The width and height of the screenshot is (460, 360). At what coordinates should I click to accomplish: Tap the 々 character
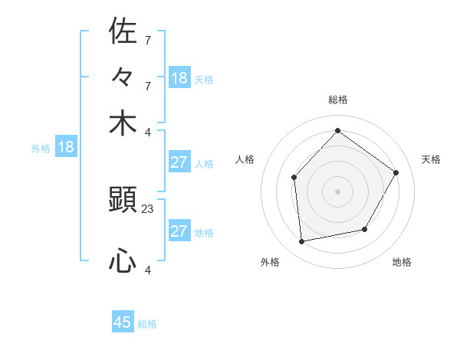click(x=123, y=77)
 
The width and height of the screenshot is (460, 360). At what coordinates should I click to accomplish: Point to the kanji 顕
click(x=123, y=201)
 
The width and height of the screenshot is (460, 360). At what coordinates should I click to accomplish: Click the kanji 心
click(x=123, y=262)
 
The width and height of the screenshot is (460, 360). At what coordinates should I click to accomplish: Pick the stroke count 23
click(x=148, y=209)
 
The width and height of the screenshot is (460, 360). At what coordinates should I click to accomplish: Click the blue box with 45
click(x=123, y=322)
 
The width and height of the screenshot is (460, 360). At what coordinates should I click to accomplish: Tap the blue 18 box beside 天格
click(x=179, y=77)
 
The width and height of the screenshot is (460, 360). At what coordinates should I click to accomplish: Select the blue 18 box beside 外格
click(x=65, y=147)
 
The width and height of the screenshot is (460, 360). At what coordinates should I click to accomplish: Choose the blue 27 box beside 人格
click(x=179, y=162)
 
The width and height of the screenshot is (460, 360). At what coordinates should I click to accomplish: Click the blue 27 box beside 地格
click(x=179, y=231)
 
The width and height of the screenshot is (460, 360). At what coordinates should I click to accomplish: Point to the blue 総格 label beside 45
click(x=147, y=324)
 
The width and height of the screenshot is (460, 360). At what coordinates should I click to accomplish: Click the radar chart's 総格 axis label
click(x=338, y=100)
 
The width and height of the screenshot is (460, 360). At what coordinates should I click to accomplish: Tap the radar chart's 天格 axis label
click(x=431, y=159)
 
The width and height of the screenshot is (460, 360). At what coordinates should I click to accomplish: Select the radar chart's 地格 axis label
click(x=402, y=263)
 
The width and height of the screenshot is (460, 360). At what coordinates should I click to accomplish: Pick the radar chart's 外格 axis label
click(x=270, y=263)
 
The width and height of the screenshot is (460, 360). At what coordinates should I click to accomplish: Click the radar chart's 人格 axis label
click(x=245, y=159)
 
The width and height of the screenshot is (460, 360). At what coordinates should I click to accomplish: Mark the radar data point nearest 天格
click(x=396, y=172)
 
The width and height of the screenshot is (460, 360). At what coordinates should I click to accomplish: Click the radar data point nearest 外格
click(x=302, y=241)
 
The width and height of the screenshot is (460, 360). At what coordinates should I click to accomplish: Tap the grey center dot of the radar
click(x=337, y=191)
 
